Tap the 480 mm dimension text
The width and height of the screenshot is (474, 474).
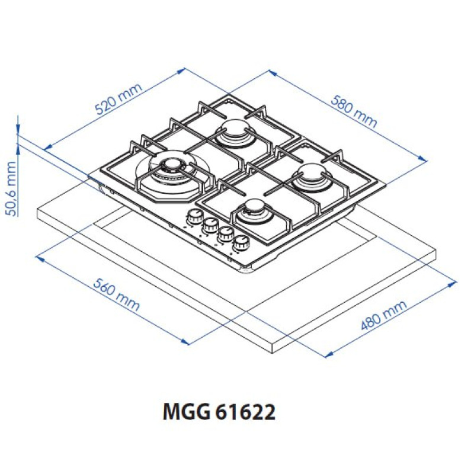385,315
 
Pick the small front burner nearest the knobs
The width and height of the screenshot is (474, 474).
254,210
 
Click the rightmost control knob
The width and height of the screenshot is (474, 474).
241,242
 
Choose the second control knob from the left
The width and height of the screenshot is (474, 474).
210,226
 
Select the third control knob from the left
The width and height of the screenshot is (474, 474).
226,234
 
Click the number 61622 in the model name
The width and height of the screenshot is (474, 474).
245,411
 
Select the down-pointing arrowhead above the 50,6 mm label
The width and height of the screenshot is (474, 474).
18,129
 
